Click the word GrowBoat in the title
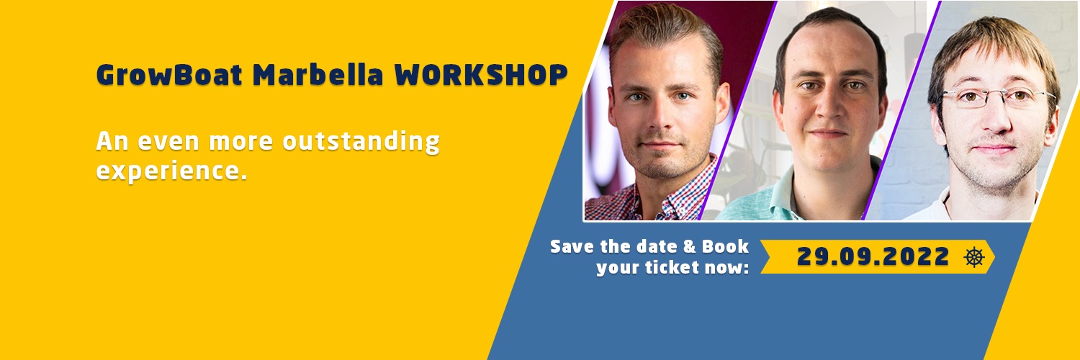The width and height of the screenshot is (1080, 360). point(169,75)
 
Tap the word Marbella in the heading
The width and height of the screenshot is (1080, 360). point(318,75)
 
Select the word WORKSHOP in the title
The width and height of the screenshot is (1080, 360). point(481,75)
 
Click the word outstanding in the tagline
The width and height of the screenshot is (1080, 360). point(361,141)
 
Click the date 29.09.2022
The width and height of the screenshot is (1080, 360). point(873,256)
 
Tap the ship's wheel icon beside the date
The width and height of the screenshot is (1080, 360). point(974,257)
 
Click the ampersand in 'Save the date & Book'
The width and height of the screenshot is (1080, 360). point(690,247)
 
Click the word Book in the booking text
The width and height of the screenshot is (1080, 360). point(725,247)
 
